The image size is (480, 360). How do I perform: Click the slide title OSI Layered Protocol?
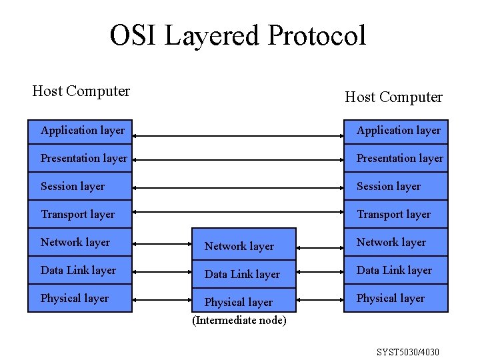(x=238, y=36)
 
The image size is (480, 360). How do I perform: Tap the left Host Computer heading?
(x=81, y=91)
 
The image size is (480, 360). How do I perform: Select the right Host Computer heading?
(x=393, y=97)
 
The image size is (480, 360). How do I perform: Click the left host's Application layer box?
(x=80, y=131)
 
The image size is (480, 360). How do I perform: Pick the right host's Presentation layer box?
(x=396, y=159)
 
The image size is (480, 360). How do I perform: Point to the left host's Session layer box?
(x=80, y=187)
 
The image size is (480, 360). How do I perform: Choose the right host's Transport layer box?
(x=396, y=215)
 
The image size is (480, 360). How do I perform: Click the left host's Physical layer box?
(x=80, y=299)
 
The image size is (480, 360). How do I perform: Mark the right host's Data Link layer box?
(x=396, y=271)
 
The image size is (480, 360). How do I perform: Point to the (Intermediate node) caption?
(x=239, y=321)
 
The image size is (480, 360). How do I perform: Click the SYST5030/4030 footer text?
(x=407, y=351)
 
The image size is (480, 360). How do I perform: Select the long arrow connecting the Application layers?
(x=238, y=136)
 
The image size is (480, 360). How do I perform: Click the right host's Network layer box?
(x=396, y=243)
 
